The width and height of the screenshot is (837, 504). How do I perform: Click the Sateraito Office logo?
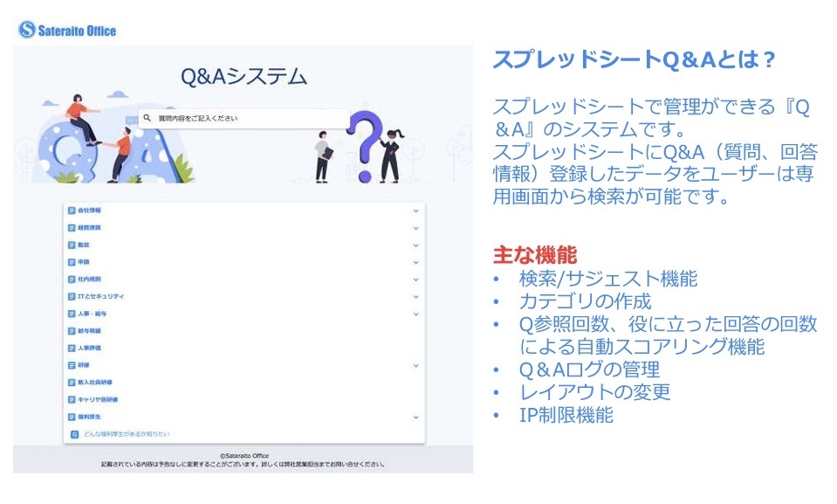(67, 31)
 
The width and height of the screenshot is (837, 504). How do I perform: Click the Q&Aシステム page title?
(244, 77)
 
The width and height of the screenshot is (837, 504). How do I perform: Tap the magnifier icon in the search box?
(148, 118)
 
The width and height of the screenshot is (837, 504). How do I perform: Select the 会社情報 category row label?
(89, 211)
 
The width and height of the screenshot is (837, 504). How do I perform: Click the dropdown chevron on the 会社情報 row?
(415, 211)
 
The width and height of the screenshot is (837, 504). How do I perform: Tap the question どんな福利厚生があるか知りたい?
(126, 433)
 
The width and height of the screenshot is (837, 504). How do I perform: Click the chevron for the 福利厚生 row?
(415, 417)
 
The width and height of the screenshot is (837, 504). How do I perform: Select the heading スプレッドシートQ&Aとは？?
(635, 59)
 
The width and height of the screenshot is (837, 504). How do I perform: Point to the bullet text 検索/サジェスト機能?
(608, 279)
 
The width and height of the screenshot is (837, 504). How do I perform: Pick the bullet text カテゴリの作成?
(585, 301)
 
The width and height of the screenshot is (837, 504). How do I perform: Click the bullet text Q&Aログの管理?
(589, 369)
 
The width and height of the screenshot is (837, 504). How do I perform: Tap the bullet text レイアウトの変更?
(594, 392)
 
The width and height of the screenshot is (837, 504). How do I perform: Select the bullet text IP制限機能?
(566, 415)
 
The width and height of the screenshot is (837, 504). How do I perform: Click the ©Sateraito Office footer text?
(244, 455)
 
